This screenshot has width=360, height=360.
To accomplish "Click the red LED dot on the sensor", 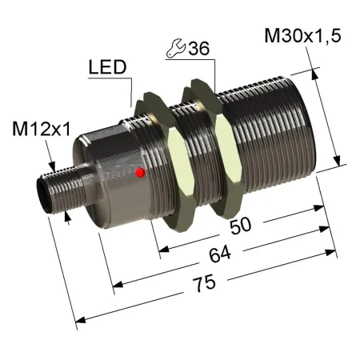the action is click(x=140, y=173).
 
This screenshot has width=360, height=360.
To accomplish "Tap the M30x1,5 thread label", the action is click(x=302, y=36).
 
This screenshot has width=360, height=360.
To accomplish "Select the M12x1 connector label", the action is click(x=42, y=129).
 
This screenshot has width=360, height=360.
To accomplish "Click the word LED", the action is click(x=107, y=67).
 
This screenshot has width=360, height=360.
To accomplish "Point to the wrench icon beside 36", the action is click(x=176, y=48).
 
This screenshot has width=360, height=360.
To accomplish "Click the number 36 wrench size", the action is click(x=199, y=49).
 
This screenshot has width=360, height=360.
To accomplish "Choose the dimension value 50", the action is click(x=241, y=226).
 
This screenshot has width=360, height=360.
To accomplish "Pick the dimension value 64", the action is click(x=220, y=254).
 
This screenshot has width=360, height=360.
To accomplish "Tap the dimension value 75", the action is click(x=205, y=283).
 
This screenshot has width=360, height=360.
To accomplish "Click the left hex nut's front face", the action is click(x=182, y=169).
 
